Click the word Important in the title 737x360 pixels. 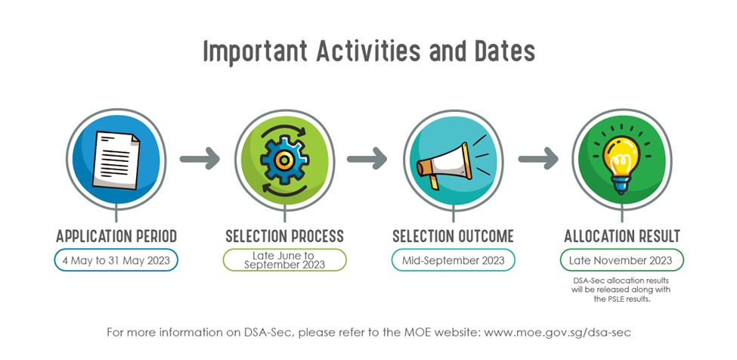[255, 51]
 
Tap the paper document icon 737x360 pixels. [116, 160]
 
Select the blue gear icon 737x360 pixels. [284, 160]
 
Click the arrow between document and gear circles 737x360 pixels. [200, 158]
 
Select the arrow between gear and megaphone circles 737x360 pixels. [367, 158]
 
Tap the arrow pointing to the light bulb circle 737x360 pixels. [538, 158]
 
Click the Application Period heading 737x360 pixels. [116, 236]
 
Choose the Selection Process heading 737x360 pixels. [284, 236]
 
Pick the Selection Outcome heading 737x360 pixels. [453, 236]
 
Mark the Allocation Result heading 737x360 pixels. [622, 236]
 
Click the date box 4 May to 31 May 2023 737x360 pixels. [116, 260]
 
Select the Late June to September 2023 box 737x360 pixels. [284, 260]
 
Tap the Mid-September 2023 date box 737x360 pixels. [453, 260]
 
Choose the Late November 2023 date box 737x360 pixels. [621, 260]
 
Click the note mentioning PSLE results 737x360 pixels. [621, 290]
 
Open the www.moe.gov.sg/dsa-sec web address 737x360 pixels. [557, 333]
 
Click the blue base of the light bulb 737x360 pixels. [621, 185]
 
